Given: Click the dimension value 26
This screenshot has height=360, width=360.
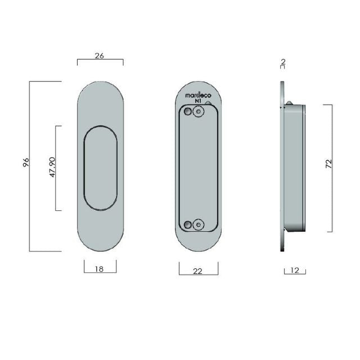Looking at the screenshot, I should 100,56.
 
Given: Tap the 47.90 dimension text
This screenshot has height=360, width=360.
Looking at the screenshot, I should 52,168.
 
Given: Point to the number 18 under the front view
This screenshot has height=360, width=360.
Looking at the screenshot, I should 100,269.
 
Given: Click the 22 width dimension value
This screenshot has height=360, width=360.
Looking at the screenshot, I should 197,271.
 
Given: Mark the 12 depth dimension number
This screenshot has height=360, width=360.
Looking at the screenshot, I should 295,271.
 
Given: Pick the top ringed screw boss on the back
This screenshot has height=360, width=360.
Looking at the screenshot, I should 197,112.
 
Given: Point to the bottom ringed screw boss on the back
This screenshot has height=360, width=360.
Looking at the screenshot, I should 197,225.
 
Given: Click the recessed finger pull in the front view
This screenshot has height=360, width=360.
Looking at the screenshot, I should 100,168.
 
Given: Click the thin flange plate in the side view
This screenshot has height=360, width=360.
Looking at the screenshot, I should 282,167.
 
